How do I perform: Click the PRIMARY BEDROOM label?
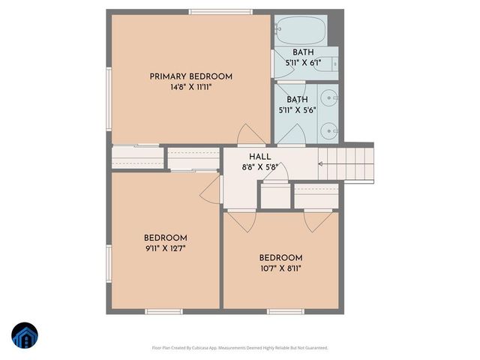coord(190,76)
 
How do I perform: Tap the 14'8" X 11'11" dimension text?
coord(190,87)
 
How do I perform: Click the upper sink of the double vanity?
coord(330,98)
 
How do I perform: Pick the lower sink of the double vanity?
coord(330,130)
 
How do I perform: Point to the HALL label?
coord(260,157)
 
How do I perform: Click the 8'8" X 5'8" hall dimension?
coord(259,167)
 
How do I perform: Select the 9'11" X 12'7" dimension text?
coord(166,248)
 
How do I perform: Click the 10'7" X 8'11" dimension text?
coord(280,268)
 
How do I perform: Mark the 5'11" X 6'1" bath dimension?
coord(303,63)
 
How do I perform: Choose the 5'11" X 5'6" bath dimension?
coord(297,109)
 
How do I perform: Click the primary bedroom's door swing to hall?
coord(250,134)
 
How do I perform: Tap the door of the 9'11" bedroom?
coord(211,190)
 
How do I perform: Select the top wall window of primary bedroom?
coord(210,12)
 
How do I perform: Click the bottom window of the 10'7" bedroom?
coord(285,311)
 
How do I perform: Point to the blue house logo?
coord(25,336)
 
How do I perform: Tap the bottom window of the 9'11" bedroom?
coord(163,311)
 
